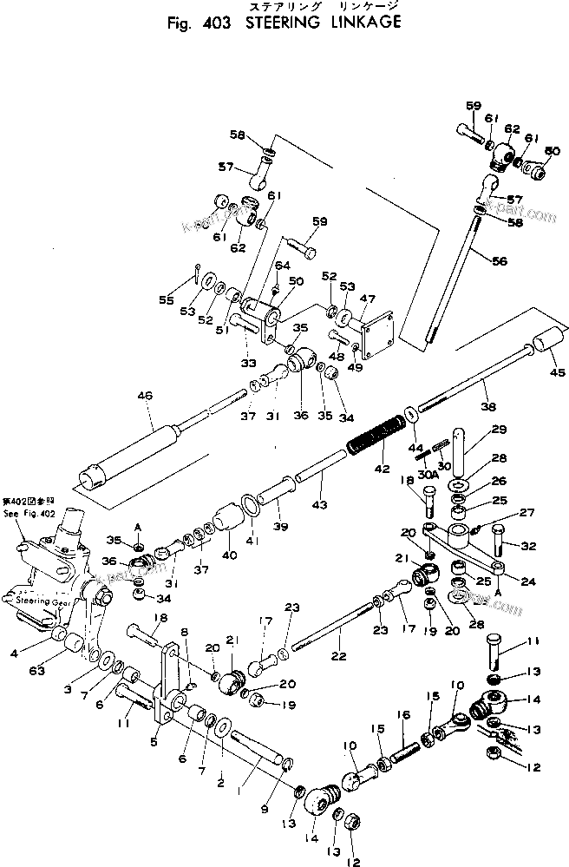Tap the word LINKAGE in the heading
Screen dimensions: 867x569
[x=364, y=23]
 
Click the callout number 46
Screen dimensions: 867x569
[x=144, y=397]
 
